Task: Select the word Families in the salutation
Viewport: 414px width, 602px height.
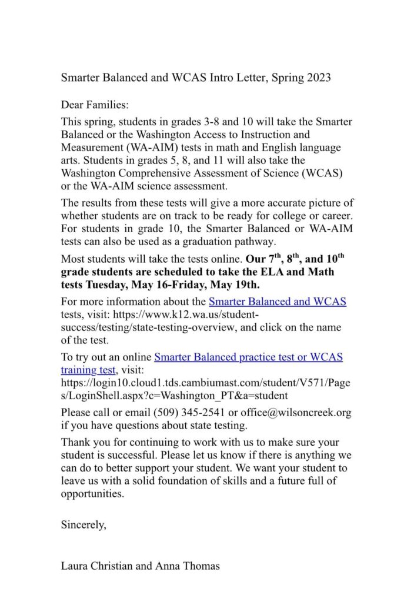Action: click(108, 105)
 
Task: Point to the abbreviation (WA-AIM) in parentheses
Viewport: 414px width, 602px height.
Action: click(150, 147)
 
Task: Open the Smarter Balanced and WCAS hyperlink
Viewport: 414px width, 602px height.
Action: click(278, 302)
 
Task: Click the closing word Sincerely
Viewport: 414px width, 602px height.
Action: click(84, 525)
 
